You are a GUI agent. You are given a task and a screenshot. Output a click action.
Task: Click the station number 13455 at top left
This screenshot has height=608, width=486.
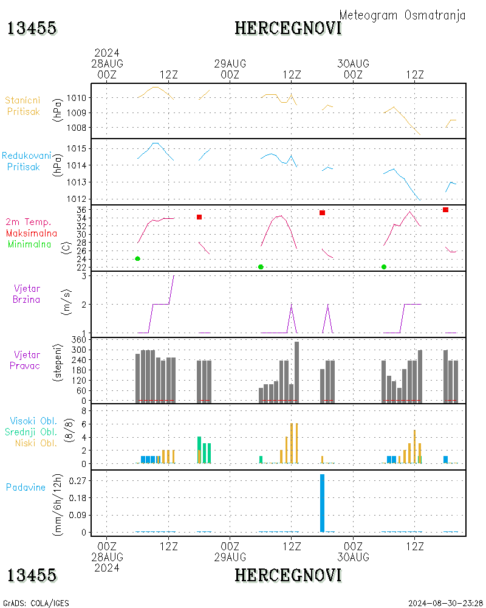click(32, 28)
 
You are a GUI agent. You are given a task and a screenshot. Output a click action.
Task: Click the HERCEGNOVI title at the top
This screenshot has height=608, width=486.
click(288, 28)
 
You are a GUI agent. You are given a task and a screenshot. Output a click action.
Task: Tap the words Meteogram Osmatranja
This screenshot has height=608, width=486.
click(402, 15)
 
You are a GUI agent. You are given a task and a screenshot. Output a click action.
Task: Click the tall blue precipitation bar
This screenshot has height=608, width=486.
click(322, 503)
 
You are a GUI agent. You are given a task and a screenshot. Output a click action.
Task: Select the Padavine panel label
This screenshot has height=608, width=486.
click(26, 487)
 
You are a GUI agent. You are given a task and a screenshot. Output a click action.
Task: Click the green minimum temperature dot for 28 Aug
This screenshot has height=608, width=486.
click(137, 259)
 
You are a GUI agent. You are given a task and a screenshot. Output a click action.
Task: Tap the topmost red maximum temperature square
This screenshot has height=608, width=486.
click(445, 210)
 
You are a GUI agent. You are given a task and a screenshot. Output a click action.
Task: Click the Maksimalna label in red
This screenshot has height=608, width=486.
click(32, 233)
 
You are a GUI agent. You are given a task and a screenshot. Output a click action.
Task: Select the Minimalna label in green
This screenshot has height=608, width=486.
click(30, 244)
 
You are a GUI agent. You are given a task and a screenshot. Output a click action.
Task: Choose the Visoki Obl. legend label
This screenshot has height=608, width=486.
click(33, 421)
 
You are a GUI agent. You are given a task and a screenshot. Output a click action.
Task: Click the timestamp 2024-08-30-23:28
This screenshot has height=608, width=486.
click(445, 603)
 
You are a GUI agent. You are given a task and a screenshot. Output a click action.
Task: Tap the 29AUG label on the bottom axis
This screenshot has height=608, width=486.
click(230, 557)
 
